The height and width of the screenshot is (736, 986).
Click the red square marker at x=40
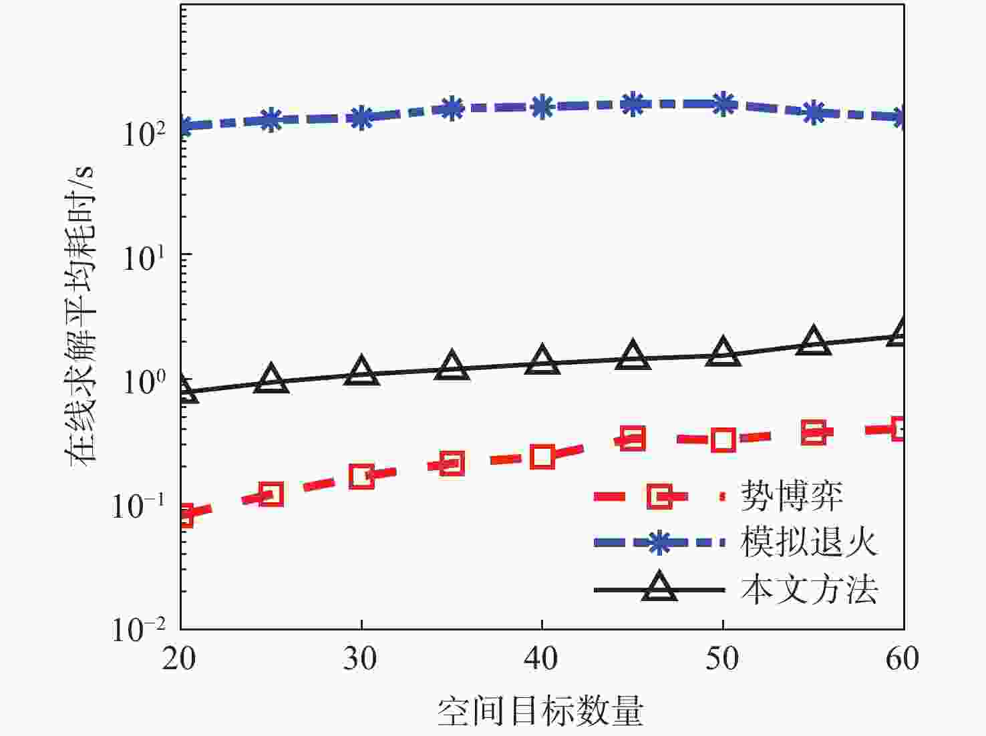[542, 457]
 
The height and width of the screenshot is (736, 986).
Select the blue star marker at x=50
[723, 104]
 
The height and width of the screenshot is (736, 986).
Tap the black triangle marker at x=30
[361, 371]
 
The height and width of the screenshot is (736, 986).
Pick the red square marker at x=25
[271, 494]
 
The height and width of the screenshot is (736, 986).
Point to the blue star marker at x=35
[452, 108]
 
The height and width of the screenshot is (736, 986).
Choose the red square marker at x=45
[633, 439]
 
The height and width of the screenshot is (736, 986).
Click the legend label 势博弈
[792, 496]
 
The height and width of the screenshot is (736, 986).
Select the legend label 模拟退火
[809, 542]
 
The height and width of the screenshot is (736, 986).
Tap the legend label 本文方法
[809, 590]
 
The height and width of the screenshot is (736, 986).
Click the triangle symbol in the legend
[659, 588]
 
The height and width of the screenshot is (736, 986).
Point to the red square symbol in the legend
[659, 496]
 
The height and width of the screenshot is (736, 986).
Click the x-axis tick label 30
[361, 659]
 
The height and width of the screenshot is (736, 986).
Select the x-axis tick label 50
[723, 659]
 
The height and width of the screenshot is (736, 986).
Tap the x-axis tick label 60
[902, 659]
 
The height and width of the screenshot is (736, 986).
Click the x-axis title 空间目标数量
[540, 711]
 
